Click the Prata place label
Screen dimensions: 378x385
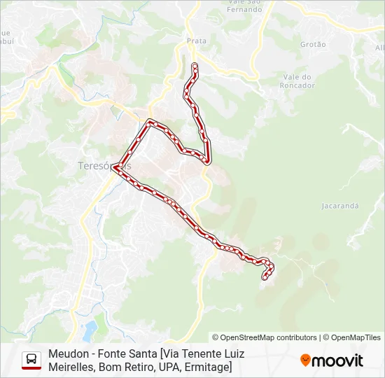[197, 41]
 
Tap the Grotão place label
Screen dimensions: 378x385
[313, 44]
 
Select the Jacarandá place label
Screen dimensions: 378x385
[340, 206]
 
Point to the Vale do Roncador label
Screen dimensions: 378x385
[299, 81]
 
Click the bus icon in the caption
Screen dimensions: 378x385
[31, 360]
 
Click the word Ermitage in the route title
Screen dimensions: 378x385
[206, 366]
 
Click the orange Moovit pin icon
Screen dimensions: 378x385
[305, 360]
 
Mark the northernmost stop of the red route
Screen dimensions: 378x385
[194, 66]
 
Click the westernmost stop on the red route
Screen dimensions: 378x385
[114, 167]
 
